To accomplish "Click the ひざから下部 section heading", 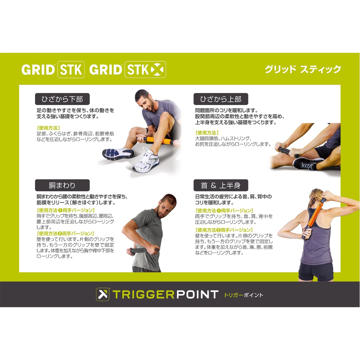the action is pos(62,99).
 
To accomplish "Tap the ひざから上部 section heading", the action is pos(220,99).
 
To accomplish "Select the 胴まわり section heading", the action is pos(62,185).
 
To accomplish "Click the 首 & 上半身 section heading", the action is pos(220,185).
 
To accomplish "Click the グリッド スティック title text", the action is pos(303,69).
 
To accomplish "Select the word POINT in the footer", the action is pos(197,295).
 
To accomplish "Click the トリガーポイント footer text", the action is pos(244,295).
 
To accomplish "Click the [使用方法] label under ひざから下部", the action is pos(48,128).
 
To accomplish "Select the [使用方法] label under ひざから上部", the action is pos(207,133).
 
